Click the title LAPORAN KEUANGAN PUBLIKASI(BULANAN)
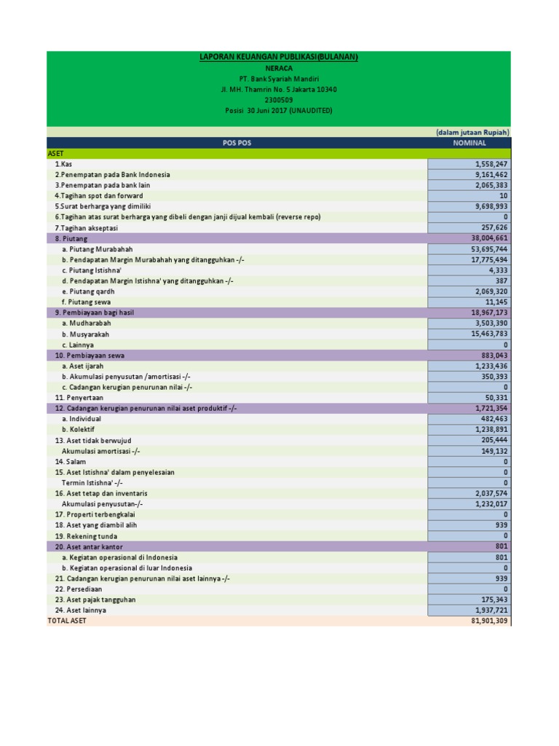pyautogui.click(x=279, y=57)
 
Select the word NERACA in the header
pyautogui.click(x=279, y=68)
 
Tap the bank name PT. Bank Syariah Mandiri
pyautogui.click(x=279, y=79)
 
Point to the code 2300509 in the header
pyautogui.click(x=279, y=100)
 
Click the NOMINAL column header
pyautogui.click(x=469, y=144)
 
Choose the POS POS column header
pyautogui.click(x=237, y=144)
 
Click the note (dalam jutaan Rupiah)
pyautogui.click(x=472, y=133)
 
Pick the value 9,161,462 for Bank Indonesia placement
pyautogui.click(x=490, y=175)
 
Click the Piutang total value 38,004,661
pyautogui.click(x=488, y=238)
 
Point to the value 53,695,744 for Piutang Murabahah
pyautogui.click(x=488, y=249)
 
